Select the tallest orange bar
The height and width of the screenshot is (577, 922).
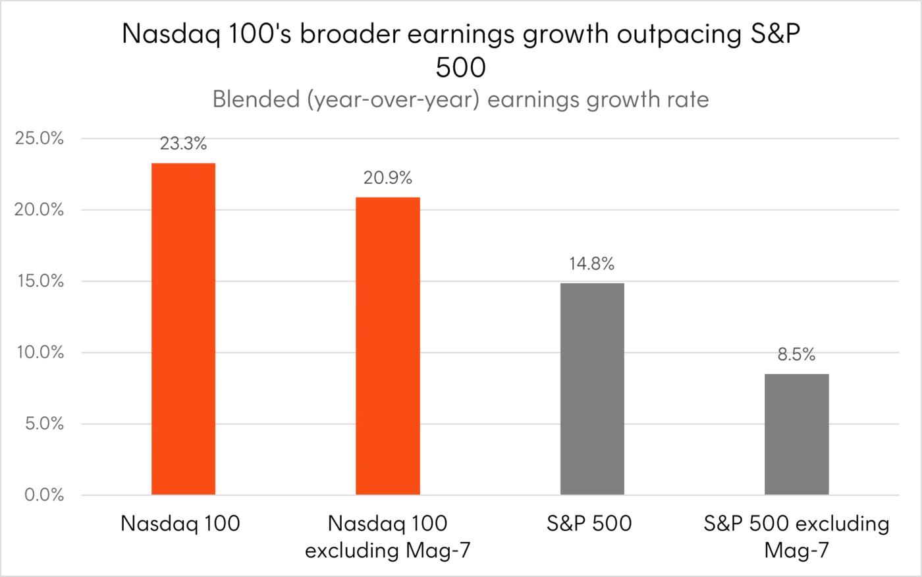(x=183, y=326)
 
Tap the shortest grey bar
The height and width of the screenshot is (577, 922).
(x=798, y=431)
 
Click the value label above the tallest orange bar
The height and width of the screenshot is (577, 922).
(x=184, y=141)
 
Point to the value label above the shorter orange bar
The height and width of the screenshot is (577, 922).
(x=389, y=177)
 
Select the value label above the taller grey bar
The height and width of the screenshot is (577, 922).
(x=592, y=264)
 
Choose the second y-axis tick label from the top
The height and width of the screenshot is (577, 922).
(x=40, y=209)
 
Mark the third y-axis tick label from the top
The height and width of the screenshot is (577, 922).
(x=42, y=280)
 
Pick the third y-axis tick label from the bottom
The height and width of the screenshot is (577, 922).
(x=42, y=352)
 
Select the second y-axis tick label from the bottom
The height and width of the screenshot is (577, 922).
(x=45, y=424)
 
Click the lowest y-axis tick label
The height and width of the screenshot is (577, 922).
(x=43, y=495)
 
